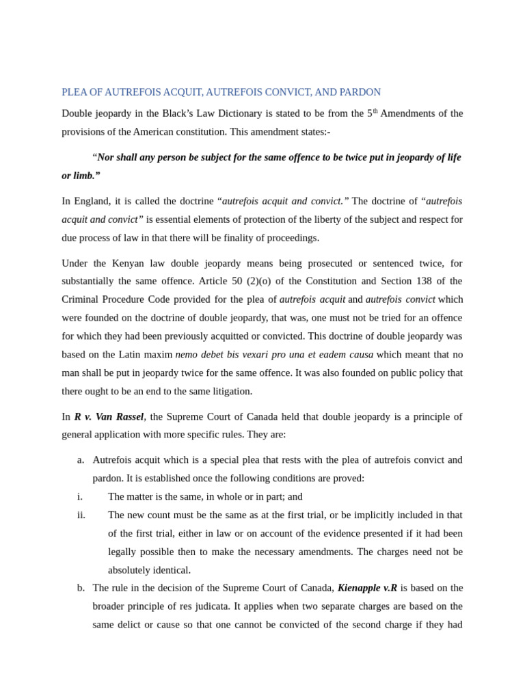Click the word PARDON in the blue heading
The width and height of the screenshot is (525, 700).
360,92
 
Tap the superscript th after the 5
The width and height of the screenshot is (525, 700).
375,111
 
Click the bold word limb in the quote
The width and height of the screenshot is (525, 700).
83,176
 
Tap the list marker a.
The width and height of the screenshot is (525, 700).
81,460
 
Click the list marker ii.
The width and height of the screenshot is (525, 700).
81,515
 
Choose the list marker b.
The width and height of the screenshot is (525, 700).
81,588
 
